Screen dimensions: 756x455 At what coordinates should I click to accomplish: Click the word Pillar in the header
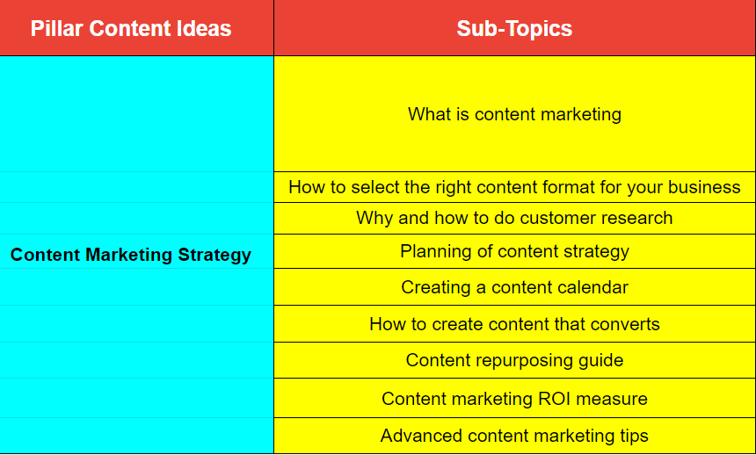(57, 28)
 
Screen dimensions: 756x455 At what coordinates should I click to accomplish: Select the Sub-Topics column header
(514, 28)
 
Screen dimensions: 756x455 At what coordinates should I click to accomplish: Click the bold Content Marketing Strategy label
(131, 255)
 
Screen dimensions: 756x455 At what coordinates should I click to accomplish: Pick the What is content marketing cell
(514, 114)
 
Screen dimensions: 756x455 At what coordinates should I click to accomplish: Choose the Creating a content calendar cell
(514, 286)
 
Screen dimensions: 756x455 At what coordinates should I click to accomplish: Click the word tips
(633, 437)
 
